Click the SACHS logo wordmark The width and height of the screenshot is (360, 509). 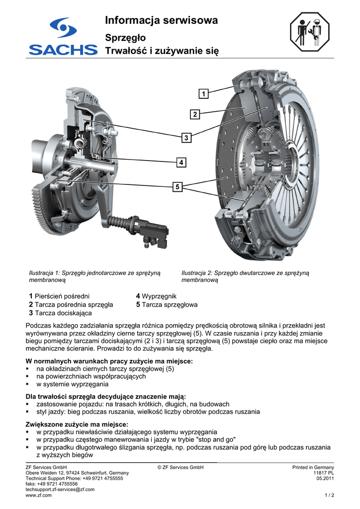coord(63,49)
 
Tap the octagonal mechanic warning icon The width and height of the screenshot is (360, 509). coord(309,32)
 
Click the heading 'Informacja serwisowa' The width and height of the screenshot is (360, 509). coord(161,20)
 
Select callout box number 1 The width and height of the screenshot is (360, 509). coord(203,94)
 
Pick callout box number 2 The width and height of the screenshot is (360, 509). coord(195,114)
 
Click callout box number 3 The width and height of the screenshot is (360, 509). coord(186,138)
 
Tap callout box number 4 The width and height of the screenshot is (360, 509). coord(181,162)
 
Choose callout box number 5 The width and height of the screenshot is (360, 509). coord(177,187)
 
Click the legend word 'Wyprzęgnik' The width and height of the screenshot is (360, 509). coord(159,296)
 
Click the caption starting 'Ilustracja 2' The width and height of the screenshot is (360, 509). coord(245,276)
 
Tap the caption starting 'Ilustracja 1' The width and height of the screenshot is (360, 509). coord(94,276)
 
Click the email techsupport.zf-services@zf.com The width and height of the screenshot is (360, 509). coord(60,490)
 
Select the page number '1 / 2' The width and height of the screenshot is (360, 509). coord(329,496)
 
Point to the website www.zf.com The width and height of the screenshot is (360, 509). coord(38,496)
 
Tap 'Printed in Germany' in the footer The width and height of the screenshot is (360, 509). coord(313,467)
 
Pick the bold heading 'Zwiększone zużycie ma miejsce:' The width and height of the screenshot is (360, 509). coord(77,424)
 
